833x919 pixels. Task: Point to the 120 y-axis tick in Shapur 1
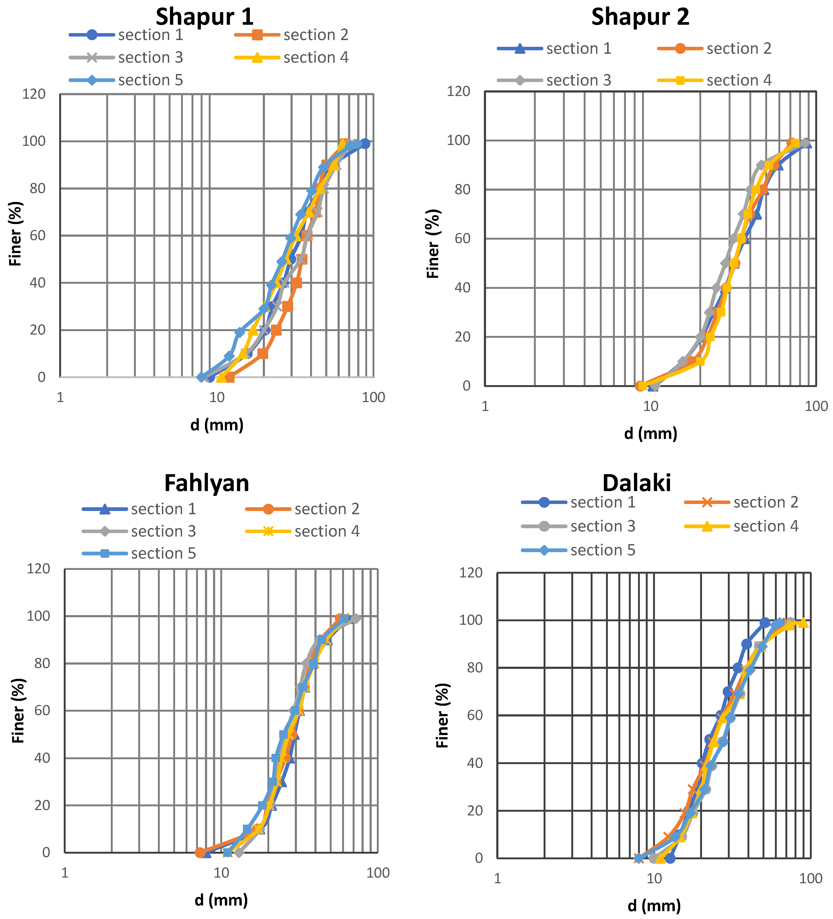pyautogui.click(x=34, y=94)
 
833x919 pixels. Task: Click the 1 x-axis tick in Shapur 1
pyautogui.click(x=60, y=398)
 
